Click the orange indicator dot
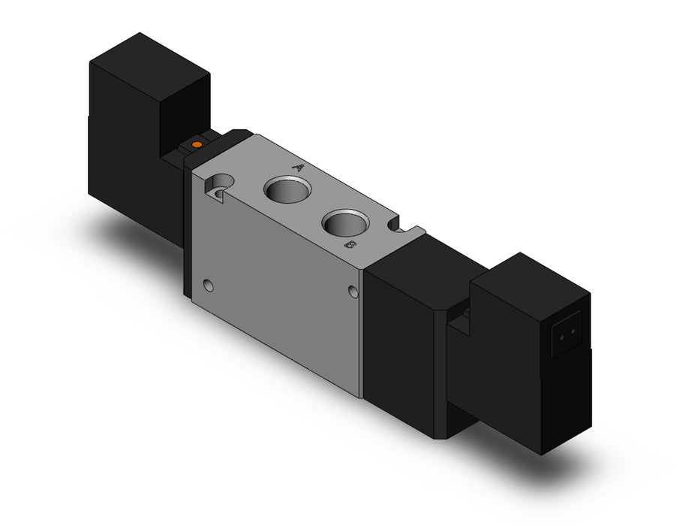coord(197,144)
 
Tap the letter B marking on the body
coord(351,246)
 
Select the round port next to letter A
coord(288,189)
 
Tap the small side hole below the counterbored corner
coord(209,286)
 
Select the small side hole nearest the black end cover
coord(354,291)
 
